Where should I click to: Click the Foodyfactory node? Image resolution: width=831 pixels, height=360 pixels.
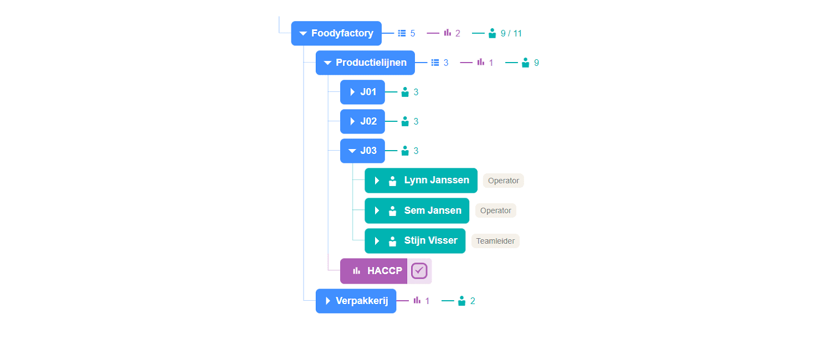[x=336, y=33]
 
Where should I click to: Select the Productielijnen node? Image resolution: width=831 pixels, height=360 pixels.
[x=365, y=63]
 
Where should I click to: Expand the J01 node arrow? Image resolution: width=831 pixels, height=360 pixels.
[x=352, y=92]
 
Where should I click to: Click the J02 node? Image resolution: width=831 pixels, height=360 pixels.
[x=362, y=121]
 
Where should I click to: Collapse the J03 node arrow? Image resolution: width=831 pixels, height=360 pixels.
[x=352, y=151]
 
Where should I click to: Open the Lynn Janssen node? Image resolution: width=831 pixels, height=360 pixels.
[x=420, y=181]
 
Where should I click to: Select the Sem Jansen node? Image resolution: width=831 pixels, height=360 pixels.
[x=417, y=210]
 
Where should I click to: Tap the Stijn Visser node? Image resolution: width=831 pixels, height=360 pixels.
[x=415, y=241]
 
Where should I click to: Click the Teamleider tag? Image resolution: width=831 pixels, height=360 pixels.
[x=495, y=241]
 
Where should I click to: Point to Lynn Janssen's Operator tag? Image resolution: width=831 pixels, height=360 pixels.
[x=504, y=181]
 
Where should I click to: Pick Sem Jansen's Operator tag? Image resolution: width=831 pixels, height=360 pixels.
[x=496, y=210]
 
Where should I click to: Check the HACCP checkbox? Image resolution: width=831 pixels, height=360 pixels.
[x=419, y=271]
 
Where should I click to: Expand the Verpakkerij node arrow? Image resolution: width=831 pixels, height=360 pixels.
[x=327, y=301]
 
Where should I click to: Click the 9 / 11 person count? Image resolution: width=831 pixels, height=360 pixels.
[x=511, y=33]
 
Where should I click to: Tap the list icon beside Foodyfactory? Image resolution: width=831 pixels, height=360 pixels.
[x=402, y=33]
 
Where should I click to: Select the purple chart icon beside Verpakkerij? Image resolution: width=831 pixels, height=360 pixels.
[x=417, y=300]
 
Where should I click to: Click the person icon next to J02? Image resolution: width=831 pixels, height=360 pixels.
[x=405, y=121]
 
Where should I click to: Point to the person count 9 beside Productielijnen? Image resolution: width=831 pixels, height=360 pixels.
[x=536, y=63]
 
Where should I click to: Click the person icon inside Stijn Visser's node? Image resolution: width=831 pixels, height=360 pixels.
[x=392, y=241]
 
